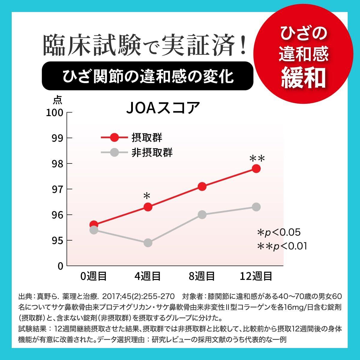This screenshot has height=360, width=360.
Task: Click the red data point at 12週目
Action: (256, 169)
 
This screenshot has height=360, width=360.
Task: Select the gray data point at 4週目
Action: (148, 243)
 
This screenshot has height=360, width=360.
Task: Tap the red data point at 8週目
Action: (202, 187)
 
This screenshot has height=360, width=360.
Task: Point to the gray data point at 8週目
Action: (202, 214)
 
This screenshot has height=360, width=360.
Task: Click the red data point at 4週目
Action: (148, 207)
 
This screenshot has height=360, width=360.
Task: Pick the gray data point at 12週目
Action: (256, 207)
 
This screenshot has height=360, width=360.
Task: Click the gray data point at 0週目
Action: (94, 230)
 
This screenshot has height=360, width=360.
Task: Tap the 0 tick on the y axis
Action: (60, 266)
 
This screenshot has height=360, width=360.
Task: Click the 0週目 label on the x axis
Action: (94, 276)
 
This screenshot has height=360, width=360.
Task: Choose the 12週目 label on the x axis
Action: (256, 276)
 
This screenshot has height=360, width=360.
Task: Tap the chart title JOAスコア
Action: (163, 108)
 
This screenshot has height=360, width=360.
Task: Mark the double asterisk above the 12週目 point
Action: (257, 158)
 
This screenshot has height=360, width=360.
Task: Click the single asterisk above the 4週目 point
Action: (147, 196)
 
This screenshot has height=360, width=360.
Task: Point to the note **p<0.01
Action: (282, 246)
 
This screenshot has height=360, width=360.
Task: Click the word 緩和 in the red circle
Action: (304, 77)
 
